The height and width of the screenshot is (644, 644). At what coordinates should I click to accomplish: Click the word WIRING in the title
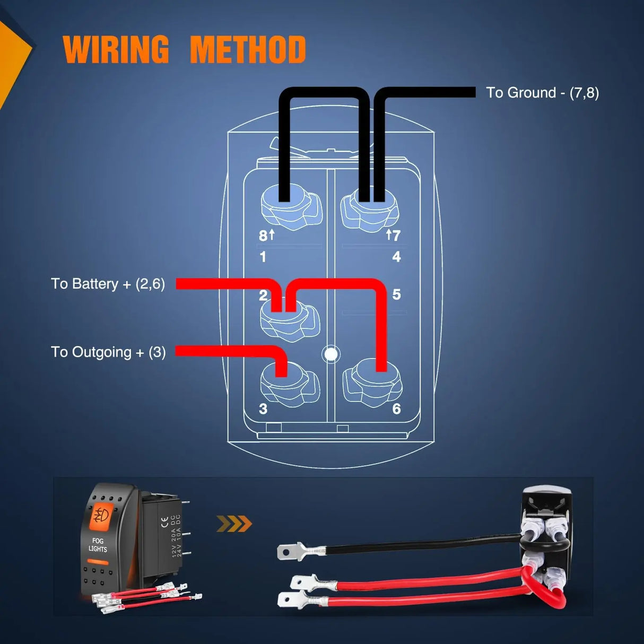click(116, 50)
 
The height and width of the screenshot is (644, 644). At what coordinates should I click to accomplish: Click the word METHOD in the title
click(248, 50)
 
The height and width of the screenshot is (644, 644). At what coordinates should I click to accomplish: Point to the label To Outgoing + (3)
click(108, 352)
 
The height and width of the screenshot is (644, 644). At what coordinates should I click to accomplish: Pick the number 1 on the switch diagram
click(263, 257)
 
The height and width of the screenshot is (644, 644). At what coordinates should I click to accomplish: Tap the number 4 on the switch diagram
click(396, 257)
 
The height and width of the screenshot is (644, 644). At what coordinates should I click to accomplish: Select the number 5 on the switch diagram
click(396, 295)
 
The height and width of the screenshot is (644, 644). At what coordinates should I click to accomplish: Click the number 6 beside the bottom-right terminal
click(396, 409)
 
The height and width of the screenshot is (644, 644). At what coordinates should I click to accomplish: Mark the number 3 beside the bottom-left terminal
click(263, 409)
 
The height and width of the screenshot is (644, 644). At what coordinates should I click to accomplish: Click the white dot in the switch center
click(331, 354)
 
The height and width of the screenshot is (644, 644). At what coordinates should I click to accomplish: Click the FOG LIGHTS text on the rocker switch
click(98, 545)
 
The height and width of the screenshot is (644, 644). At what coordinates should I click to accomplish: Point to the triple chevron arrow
click(234, 524)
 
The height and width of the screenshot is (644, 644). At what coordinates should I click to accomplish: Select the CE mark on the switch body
click(164, 521)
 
